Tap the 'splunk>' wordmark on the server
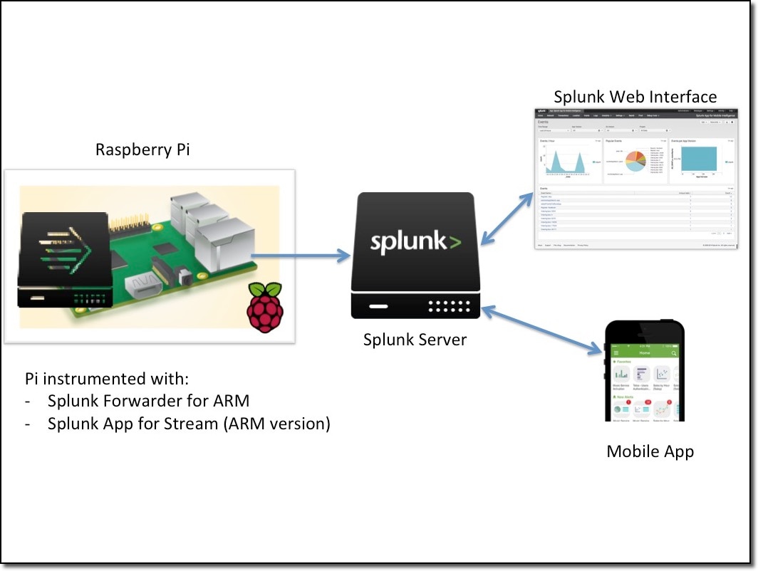click(415, 241)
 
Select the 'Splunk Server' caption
click(415, 340)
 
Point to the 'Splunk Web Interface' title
click(635, 96)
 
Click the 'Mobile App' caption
click(650, 451)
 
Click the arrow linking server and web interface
click(507, 218)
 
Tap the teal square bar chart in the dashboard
click(701, 162)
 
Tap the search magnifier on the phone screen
click(674, 353)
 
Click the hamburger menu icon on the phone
click(616, 353)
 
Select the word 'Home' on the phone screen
click(645, 353)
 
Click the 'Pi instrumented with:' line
click(107, 377)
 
